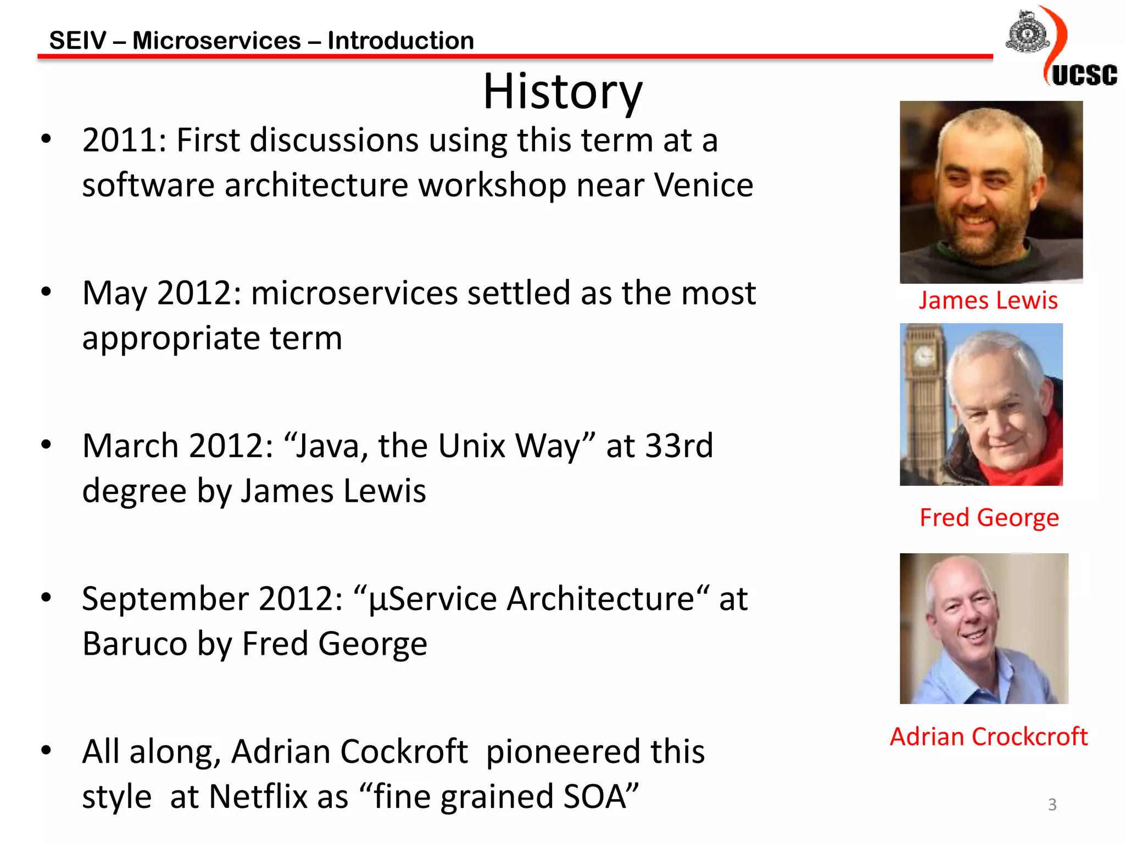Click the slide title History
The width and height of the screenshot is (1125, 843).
point(562,91)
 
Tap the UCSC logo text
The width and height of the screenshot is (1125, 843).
point(1084,75)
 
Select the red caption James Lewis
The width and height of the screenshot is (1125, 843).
point(988,301)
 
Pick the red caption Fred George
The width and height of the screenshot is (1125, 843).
point(989,518)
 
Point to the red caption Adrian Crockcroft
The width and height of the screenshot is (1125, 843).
point(988,737)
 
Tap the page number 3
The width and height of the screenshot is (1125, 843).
point(1052,805)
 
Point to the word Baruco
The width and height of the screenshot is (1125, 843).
point(135,644)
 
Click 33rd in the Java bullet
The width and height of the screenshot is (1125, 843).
point(679,446)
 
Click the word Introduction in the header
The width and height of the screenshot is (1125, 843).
point(400,41)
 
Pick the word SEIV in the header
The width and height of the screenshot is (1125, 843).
point(77,41)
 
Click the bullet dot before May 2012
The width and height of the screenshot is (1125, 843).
point(46,291)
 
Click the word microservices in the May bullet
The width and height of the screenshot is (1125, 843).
point(354,293)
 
